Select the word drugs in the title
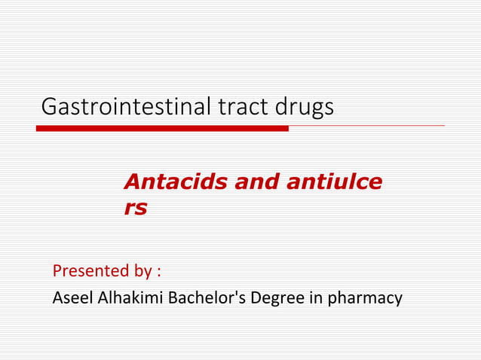click(x=304, y=108)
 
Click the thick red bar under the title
click(x=162, y=129)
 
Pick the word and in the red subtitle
click(x=258, y=182)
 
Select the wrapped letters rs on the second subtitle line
click(x=136, y=208)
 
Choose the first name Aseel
click(x=72, y=298)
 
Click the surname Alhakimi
click(x=129, y=298)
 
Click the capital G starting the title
click(x=50, y=107)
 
